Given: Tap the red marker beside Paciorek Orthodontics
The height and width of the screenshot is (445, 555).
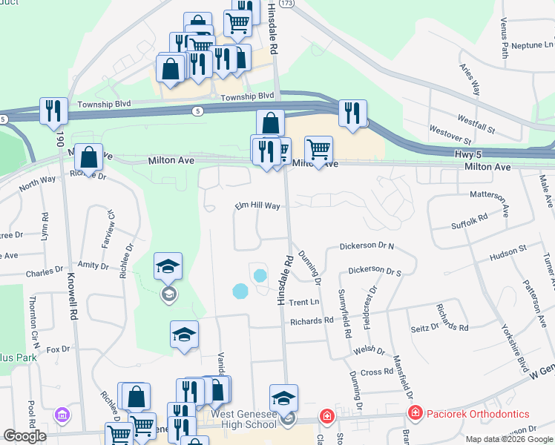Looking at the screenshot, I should coord(416,413).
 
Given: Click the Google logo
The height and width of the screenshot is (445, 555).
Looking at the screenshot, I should coord(24,436).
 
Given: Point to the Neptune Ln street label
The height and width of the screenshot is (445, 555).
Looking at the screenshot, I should coord(522,45).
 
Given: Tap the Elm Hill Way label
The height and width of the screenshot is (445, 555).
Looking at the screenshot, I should coord(257,206).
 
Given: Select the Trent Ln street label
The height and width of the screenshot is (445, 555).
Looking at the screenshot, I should coord(303,302).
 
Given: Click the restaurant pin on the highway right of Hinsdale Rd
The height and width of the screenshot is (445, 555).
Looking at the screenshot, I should coord(351,113).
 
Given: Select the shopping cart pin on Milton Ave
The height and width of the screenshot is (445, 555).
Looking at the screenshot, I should coord(318,150).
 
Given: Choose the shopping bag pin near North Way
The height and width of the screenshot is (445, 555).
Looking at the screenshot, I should coord(88,158).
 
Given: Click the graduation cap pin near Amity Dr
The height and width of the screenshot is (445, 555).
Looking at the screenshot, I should coord(168,266).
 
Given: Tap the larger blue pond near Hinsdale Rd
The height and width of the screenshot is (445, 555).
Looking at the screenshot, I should coord(240,291).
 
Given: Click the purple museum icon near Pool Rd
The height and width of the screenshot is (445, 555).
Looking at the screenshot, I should coord(62,413).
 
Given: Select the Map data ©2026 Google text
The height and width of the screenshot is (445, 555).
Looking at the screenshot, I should coord(508,439).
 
